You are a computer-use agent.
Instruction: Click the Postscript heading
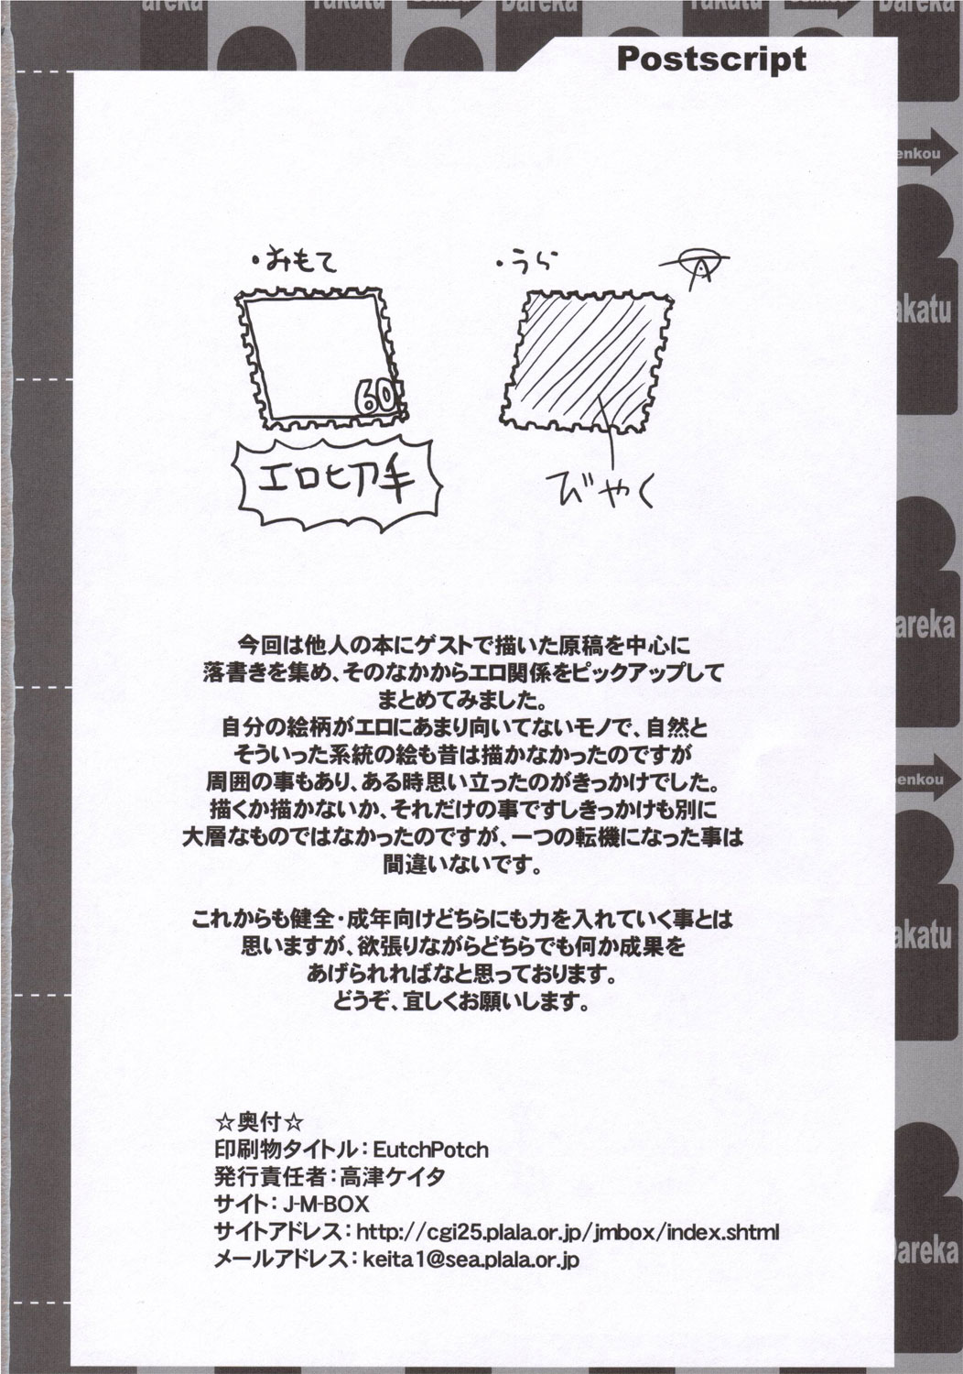click(710, 59)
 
